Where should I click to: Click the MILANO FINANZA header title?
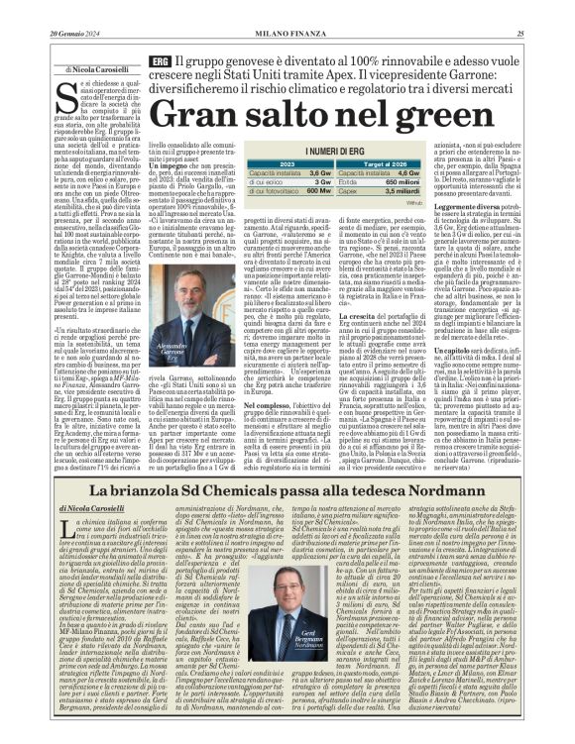point(287,35)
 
